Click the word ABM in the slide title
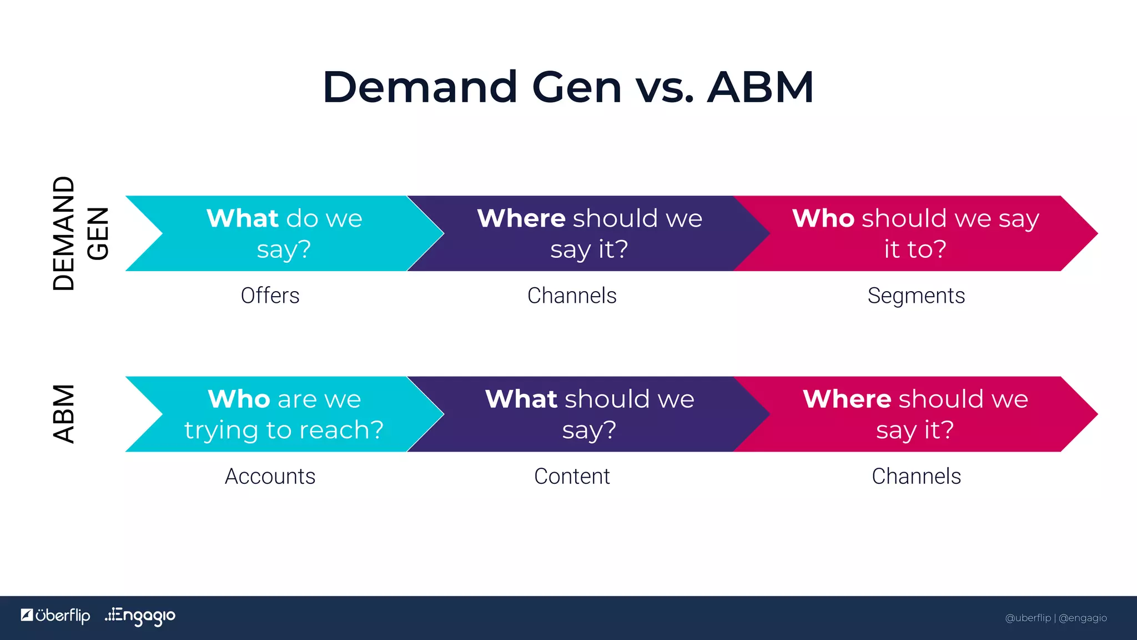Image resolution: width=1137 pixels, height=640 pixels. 760,87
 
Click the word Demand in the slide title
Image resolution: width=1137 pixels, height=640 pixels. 420,87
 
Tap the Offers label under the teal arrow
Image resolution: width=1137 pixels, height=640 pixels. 270,296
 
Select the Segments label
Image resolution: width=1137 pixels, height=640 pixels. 916,296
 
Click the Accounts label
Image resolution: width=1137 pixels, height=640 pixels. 270,476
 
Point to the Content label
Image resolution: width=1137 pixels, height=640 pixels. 572,476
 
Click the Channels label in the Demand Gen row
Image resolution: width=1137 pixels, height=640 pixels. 572,296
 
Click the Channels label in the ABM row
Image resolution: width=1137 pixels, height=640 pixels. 916,476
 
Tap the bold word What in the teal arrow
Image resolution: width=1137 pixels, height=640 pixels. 242,218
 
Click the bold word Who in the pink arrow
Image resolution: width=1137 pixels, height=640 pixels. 823,218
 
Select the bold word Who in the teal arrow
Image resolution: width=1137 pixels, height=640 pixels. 239,399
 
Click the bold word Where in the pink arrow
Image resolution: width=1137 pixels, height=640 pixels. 847,399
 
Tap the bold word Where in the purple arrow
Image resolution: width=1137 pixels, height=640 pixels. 521,218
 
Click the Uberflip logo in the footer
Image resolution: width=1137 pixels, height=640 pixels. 56,616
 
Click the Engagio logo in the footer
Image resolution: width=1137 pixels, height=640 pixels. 140,616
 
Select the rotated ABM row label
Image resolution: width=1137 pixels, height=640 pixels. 64,414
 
